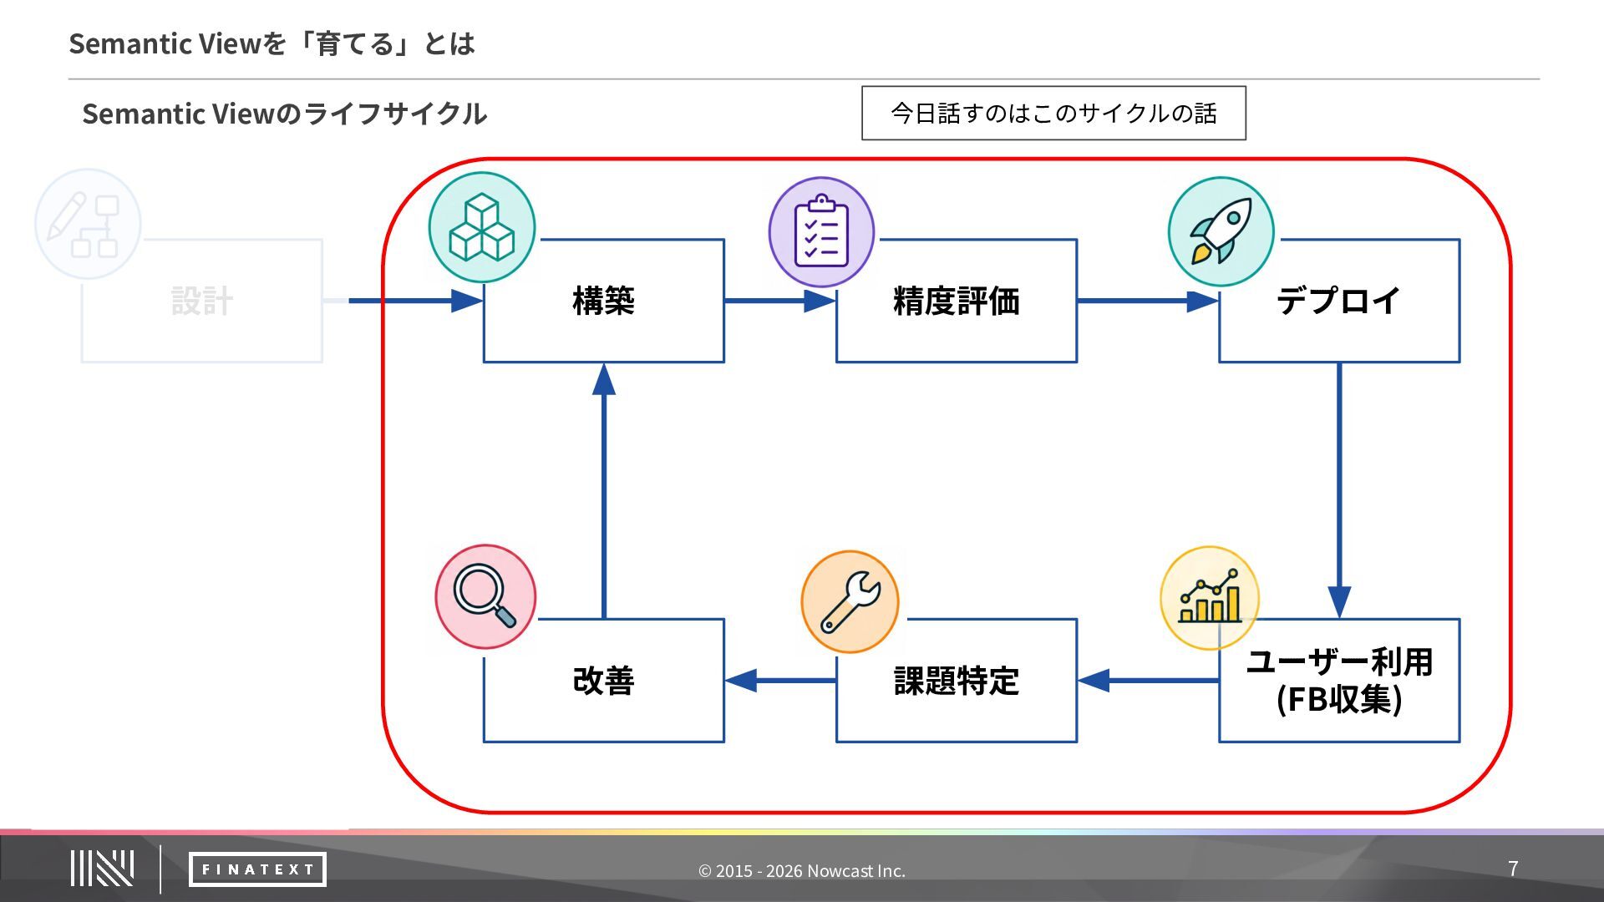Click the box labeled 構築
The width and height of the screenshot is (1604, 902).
pyautogui.click(x=603, y=301)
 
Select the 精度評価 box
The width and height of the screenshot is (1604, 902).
pyautogui.click(x=957, y=301)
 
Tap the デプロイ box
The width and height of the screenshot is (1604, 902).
pyautogui.click(x=1339, y=301)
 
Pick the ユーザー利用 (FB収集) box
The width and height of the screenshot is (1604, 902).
pyautogui.click(x=1339, y=681)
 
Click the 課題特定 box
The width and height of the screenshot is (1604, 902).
pyautogui.click(x=957, y=681)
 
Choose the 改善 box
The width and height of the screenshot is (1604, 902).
pyautogui.click(x=603, y=681)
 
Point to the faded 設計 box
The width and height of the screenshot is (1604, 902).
pyautogui.click(x=202, y=301)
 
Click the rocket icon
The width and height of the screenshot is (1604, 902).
pyautogui.click(x=1221, y=231)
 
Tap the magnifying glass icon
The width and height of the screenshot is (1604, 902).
pyautogui.click(x=485, y=596)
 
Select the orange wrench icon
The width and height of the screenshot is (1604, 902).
pyautogui.click(x=850, y=601)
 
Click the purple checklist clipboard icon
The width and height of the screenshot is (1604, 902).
pyautogui.click(x=821, y=231)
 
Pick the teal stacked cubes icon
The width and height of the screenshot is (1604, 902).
pyautogui.click(x=482, y=227)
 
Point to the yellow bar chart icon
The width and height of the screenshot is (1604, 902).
pyautogui.click(x=1209, y=598)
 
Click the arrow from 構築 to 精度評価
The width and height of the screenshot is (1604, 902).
pyautogui.click(x=780, y=301)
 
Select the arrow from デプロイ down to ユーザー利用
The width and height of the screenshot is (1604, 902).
pyautogui.click(x=1339, y=491)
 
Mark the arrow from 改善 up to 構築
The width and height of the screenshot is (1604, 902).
pyautogui.click(x=603, y=491)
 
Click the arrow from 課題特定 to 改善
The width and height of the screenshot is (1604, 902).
pyautogui.click(x=780, y=681)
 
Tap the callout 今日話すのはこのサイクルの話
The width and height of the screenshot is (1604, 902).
pyautogui.click(x=1053, y=113)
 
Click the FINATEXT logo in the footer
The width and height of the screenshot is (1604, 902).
pyautogui.click(x=257, y=869)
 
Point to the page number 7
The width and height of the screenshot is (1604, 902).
pyautogui.click(x=1513, y=869)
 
